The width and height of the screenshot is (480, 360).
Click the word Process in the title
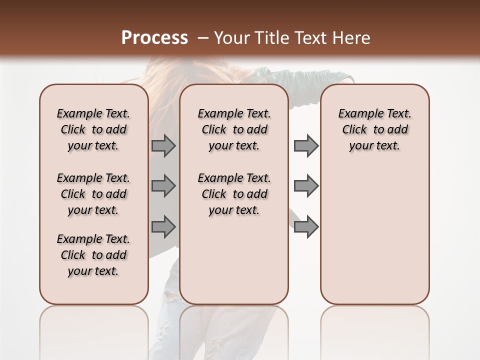point(154,38)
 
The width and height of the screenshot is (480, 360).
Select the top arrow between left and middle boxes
point(163,145)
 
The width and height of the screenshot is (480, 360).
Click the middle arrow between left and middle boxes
point(163,186)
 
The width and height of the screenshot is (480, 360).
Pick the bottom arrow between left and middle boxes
point(163,226)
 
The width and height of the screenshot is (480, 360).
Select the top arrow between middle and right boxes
point(306,145)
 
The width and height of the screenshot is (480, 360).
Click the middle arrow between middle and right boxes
point(306,186)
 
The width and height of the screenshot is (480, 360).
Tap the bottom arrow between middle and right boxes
point(306,226)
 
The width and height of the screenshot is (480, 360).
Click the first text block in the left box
point(93,129)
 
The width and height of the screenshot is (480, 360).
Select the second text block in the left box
point(93,194)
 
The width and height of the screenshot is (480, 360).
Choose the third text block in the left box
point(93,255)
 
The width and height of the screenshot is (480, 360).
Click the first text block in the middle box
point(234,129)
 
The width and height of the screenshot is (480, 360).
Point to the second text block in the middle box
point(234,194)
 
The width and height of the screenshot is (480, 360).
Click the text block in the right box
point(374,129)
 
